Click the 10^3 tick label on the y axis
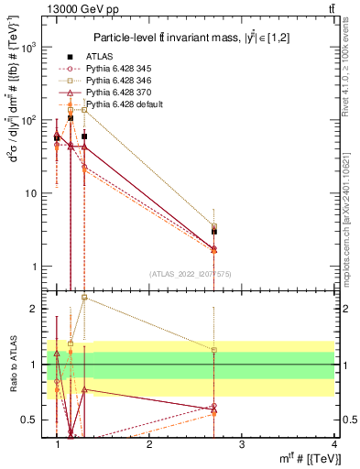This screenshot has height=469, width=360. [28, 47]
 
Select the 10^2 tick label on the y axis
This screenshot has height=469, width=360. [28, 120]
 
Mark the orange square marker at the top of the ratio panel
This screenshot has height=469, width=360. [84, 297]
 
